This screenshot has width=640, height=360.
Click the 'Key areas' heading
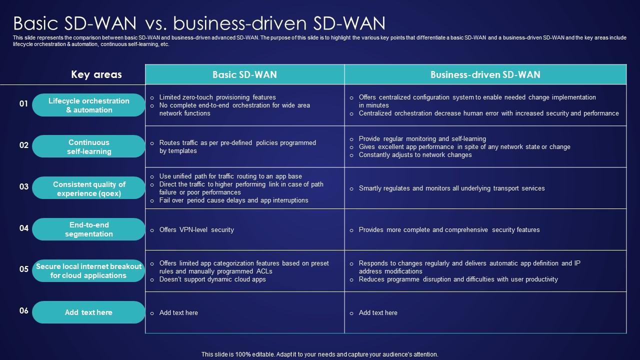pos(96,74)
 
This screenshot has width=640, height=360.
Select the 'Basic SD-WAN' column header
pos(245,74)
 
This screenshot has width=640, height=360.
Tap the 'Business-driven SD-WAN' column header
pos(485,74)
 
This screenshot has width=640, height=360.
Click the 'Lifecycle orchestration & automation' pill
pos(88,105)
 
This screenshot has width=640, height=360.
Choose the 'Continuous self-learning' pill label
pos(88,146)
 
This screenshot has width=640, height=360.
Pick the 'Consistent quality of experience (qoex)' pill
pos(88,188)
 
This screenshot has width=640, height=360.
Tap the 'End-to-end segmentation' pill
pos(88,229)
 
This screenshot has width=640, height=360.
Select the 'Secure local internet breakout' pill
pos(88,271)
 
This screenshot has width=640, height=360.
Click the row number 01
pos(23,103)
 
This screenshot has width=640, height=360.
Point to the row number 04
pos(23,228)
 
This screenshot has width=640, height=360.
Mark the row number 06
pos(23,311)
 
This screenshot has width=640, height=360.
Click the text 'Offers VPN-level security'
pos(196,229)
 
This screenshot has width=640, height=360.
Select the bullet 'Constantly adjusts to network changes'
pos(415,155)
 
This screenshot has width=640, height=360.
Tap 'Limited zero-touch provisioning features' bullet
pos(217,97)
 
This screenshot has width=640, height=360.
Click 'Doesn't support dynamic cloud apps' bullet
pos(212,279)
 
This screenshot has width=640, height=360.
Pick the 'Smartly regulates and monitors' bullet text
pos(451,188)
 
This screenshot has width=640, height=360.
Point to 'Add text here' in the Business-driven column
pos(378,313)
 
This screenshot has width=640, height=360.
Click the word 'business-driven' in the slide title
pos(240,23)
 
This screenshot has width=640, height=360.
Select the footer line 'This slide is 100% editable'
pos(319,354)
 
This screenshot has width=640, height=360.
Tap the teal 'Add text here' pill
pos(88,312)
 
